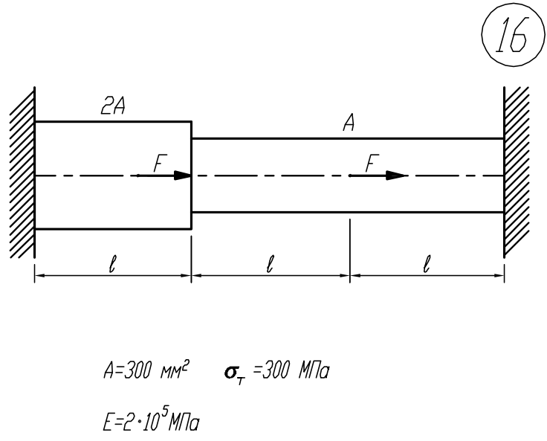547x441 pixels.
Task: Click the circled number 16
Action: [x=513, y=34]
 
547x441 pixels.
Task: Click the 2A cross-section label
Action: [x=113, y=106]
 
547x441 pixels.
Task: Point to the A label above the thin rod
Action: [x=349, y=123]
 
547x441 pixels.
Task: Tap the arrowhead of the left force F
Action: [x=183, y=176]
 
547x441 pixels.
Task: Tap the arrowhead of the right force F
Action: [x=397, y=176]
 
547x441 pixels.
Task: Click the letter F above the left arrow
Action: [x=160, y=163]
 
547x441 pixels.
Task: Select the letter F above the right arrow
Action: [x=372, y=163]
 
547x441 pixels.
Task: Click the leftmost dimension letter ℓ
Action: [x=112, y=264]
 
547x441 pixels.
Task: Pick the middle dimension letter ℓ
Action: [x=269, y=264]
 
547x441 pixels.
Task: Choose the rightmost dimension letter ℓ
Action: [x=427, y=264]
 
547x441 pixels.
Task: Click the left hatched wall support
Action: [x=23, y=173]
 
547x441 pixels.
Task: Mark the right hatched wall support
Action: [x=517, y=172]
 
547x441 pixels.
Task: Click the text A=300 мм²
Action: [x=146, y=370]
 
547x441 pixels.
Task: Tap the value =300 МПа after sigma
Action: [x=291, y=370]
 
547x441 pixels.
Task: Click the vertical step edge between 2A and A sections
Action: [x=192, y=176]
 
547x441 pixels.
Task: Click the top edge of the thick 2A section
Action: [x=113, y=121]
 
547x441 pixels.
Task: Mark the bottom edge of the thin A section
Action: [x=348, y=212]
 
